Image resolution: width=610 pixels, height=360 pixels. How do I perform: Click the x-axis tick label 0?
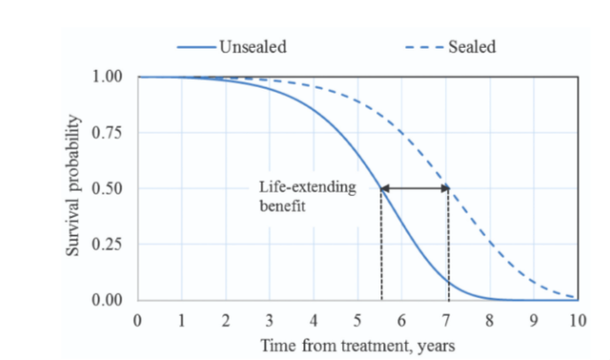pyautogui.click(x=137, y=319)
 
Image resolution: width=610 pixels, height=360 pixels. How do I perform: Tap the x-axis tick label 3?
pyautogui.click(x=270, y=319)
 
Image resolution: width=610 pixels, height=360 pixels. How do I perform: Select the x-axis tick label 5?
pyautogui.click(x=357, y=319)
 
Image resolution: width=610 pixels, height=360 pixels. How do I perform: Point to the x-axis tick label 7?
pyautogui.click(x=445, y=319)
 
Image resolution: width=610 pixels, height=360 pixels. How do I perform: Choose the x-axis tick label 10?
pyautogui.click(x=577, y=319)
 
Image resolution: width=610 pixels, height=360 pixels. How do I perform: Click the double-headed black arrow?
pyautogui.click(x=415, y=188)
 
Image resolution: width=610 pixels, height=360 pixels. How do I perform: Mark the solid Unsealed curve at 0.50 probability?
pyautogui.click(x=381, y=188)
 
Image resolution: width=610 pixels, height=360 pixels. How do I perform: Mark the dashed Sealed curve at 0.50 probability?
pyautogui.click(x=449, y=188)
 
